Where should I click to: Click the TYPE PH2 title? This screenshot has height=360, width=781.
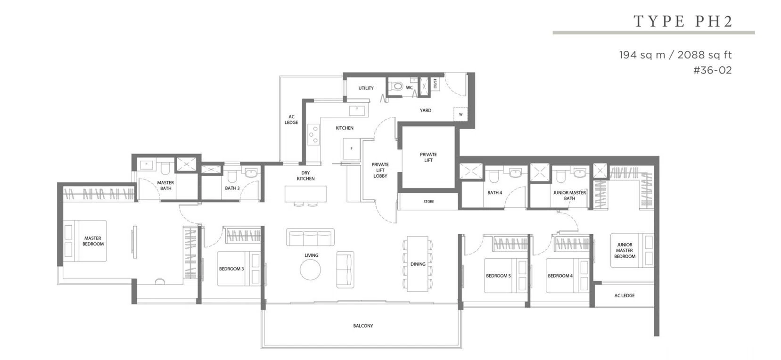(x=682, y=21)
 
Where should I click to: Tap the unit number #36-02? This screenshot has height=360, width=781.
(x=712, y=70)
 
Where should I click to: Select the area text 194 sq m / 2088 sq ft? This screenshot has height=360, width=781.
(x=675, y=55)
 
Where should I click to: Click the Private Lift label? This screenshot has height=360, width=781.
(x=428, y=157)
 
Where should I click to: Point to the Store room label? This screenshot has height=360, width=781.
(x=428, y=201)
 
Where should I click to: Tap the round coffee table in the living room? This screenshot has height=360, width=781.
(x=310, y=270)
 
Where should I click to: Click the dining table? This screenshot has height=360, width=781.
(x=417, y=264)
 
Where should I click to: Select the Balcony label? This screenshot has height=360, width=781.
(x=363, y=326)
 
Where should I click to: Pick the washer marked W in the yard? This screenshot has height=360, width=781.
(x=460, y=115)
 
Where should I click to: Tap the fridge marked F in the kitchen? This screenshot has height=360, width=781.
(x=351, y=149)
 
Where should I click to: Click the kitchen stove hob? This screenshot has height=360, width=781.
(x=313, y=134)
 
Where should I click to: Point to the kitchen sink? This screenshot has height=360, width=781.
(x=357, y=111)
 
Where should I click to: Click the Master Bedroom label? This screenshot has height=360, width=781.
(x=93, y=241)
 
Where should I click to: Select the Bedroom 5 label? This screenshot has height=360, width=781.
(x=498, y=276)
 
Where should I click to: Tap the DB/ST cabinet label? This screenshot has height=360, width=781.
(x=435, y=84)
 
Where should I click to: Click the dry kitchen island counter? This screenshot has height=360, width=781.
(x=305, y=194)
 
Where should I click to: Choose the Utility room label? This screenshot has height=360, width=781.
(x=366, y=88)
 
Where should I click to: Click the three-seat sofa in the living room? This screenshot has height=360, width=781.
(x=310, y=237)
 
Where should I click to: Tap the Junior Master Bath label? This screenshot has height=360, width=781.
(x=569, y=196)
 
